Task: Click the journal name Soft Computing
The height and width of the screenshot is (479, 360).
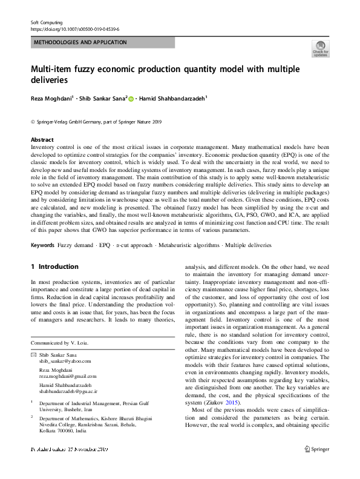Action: [x=47, y=22]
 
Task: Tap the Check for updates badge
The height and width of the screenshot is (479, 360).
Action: [x=320, y=48]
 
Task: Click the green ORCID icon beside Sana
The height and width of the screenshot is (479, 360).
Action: [x=131, y=97]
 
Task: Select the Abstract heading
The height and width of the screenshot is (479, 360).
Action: [x=42, y=139]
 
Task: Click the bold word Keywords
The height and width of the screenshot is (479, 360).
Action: [x=42, y=245]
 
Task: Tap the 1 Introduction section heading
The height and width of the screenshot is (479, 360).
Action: [x=54, y=266]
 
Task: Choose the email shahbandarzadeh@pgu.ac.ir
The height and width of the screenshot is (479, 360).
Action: [x=71, y=392]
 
